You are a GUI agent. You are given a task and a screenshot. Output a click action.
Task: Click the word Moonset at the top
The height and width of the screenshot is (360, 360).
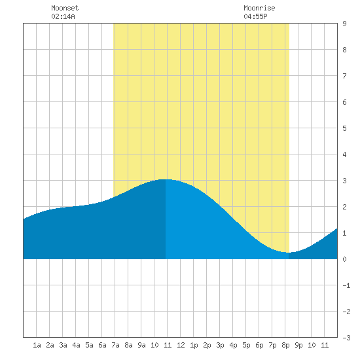pos(65,8)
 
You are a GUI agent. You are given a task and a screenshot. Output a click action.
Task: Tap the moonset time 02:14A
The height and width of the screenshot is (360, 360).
pos(63,16)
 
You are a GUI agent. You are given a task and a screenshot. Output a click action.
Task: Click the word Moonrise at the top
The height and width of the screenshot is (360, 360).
pos(259,8)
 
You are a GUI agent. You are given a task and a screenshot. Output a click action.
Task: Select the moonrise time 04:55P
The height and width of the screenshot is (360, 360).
pos(255,16)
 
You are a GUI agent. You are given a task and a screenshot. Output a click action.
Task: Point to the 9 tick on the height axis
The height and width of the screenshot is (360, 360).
pos(344,24)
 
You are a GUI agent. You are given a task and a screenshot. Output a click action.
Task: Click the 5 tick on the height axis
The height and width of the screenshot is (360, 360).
pos(344,128)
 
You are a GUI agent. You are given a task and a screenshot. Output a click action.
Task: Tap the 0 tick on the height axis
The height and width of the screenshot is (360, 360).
pos(344,259)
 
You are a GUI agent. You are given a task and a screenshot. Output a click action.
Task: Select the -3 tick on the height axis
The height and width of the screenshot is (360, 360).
pos(347,338)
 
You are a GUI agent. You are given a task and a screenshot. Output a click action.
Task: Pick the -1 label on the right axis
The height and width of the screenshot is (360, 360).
pos(347,285)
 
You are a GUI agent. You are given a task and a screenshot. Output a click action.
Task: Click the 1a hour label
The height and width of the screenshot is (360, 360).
pos(37,345)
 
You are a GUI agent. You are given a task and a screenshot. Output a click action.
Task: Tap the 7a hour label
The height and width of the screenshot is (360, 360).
pos(115,345)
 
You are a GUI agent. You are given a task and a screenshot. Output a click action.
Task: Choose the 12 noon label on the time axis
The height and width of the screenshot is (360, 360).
pos(181,345)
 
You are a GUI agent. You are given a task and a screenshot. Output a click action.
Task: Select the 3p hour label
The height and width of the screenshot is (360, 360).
pos(220,345)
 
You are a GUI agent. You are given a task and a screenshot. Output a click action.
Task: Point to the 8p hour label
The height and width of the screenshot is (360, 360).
pos(285,345)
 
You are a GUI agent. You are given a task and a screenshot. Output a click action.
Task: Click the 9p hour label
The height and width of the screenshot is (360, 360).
pos(298,345)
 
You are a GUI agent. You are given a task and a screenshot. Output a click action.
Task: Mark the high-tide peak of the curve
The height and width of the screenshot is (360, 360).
pos(166,179)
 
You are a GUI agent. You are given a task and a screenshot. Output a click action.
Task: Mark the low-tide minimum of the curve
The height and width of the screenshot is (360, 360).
pos(289,253)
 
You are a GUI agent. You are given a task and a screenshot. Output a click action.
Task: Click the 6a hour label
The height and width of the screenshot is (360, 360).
pos(102,345)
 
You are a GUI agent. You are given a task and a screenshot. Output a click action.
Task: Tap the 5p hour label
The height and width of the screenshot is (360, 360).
pos(246,345)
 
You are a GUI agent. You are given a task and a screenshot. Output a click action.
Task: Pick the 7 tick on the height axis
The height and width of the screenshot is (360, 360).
pos(344,76)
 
